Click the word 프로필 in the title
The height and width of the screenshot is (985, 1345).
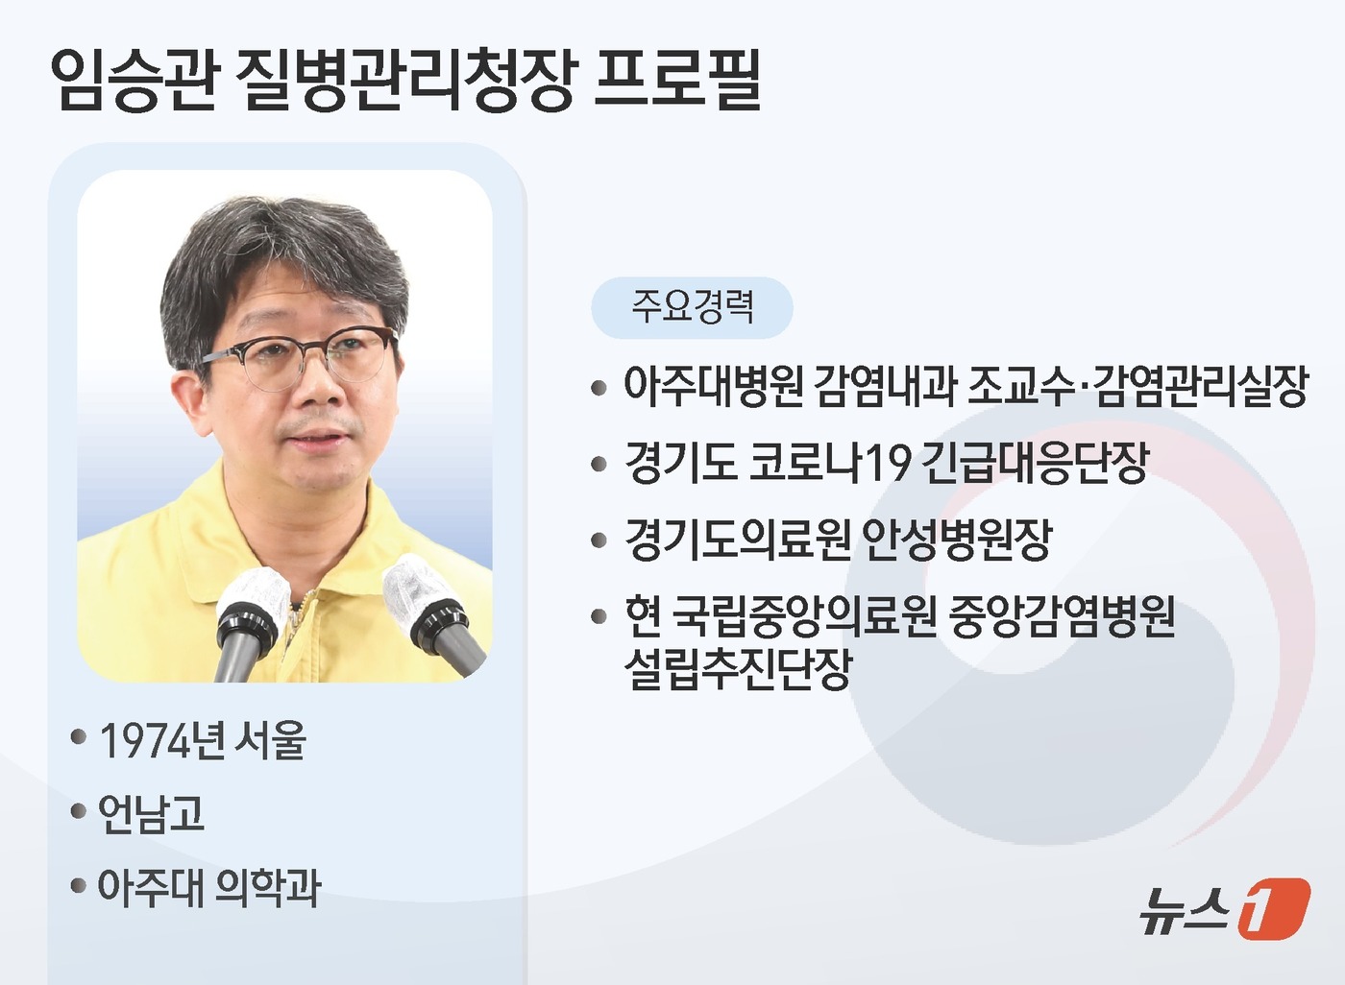(678, 79)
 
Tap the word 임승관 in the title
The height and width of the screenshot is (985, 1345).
(134, 79)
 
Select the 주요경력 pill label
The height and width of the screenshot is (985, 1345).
(692, 307)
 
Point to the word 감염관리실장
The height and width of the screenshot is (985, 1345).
(1201, 385)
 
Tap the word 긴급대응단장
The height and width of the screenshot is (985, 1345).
(1036, 462)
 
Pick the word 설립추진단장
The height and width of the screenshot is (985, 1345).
(738, 668)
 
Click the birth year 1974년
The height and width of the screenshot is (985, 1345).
(161, 740)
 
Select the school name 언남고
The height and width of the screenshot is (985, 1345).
(152, 813)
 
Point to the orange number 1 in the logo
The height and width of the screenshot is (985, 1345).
(1273, 907)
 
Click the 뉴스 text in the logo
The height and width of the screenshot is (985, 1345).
(1184, 908)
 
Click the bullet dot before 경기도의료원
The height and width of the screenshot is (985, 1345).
(599, 541)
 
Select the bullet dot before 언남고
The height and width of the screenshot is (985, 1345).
(79, 812)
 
